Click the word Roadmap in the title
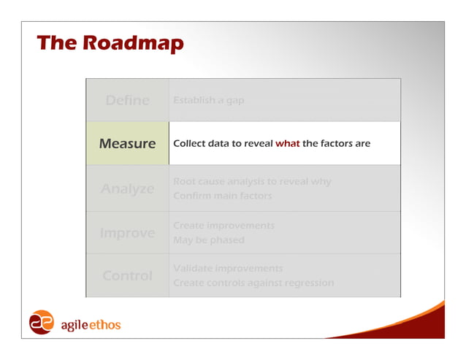133,43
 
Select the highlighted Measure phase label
127,144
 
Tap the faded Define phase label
127,100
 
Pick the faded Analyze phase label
127,188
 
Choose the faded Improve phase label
127,233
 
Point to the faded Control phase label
127,276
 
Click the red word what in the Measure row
287,144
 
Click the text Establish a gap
209,100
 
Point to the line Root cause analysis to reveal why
252,181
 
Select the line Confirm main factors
222,196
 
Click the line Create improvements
224,226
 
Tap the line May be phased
208,240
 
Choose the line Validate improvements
227,268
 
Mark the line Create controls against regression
253,283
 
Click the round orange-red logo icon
41,323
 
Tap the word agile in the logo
73,324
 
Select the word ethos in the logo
105,324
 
